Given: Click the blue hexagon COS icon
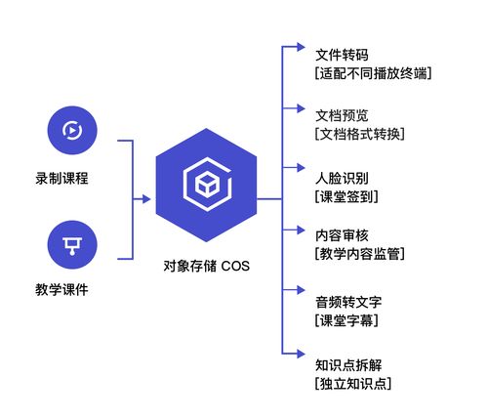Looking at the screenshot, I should [x=207, y=185].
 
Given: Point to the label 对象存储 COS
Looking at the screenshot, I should [x=207, y=265].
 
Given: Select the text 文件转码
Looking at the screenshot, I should [x=342, y=53].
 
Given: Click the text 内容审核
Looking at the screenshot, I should [x=342, y=234].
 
